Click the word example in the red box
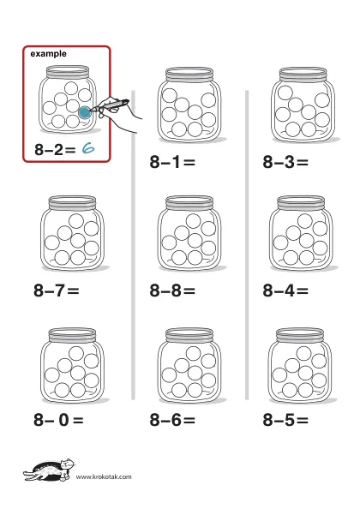(48, 54)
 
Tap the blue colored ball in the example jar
(84, 112)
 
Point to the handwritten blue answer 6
(88, 148)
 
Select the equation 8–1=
(172, 162)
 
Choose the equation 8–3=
(285, 162)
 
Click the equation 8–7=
(57, 290)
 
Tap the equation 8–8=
(172, 290)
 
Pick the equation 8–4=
(285, 290)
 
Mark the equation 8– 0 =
(58, 419)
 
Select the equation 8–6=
(172, 419)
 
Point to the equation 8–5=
(285, 419)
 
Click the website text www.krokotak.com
(104, 476)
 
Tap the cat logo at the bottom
(49, 470)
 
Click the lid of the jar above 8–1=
(189, 75)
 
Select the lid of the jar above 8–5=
(300, 335)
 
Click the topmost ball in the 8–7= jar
(76, 221)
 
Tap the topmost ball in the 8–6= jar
(194, 354)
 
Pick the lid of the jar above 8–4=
(301, 203)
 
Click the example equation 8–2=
(55, 150)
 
